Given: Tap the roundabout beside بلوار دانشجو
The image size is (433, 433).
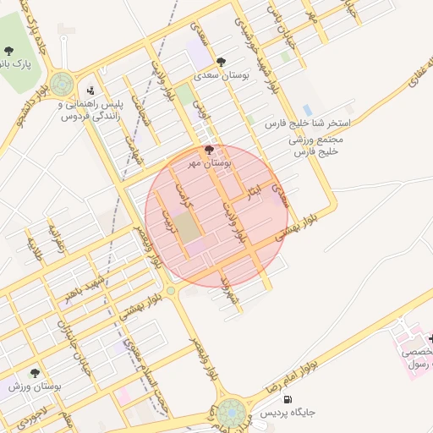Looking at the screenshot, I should [61, 84].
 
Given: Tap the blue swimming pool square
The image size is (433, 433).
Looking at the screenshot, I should [307, 110].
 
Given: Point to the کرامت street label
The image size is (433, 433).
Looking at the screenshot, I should [185, 196].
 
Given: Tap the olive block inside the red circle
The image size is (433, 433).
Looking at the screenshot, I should [188, 227].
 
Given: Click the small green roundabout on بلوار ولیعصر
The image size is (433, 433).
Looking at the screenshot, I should [171, 290].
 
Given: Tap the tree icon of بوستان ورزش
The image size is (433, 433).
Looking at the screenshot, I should [35, 373].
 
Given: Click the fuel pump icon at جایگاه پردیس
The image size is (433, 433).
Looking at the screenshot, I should [289, 399].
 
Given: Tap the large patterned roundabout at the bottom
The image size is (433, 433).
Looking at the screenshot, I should [230, 414].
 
